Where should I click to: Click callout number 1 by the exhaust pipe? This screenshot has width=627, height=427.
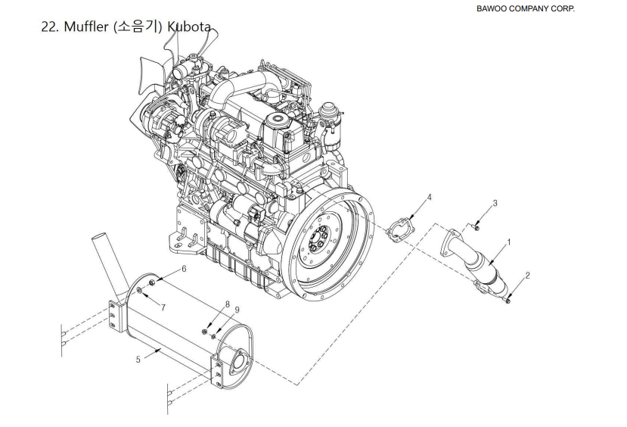point(508,243)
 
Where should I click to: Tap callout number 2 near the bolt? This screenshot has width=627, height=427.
point(527,276)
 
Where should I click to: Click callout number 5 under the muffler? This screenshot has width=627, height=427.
point(138,360)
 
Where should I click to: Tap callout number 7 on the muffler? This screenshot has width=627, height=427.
point(163,307)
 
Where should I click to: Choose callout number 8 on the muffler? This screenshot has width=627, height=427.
point(226,304)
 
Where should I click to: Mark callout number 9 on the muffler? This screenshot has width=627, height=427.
point(236,310)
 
